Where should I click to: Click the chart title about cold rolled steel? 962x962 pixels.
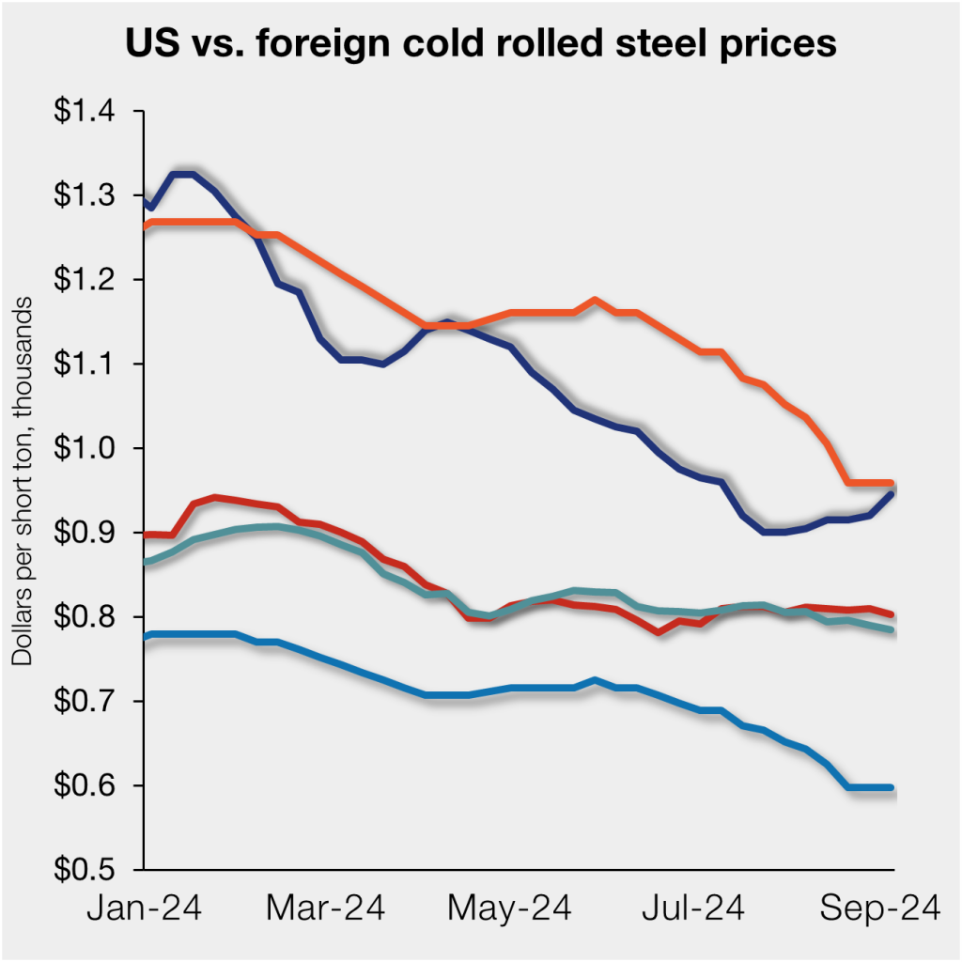(x=481, y=45)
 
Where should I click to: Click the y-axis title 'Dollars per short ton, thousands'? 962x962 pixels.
(x=22, y=485)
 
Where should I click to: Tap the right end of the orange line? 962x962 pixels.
(x=891, y=483)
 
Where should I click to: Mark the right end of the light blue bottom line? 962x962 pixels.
(x=891, y=787)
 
